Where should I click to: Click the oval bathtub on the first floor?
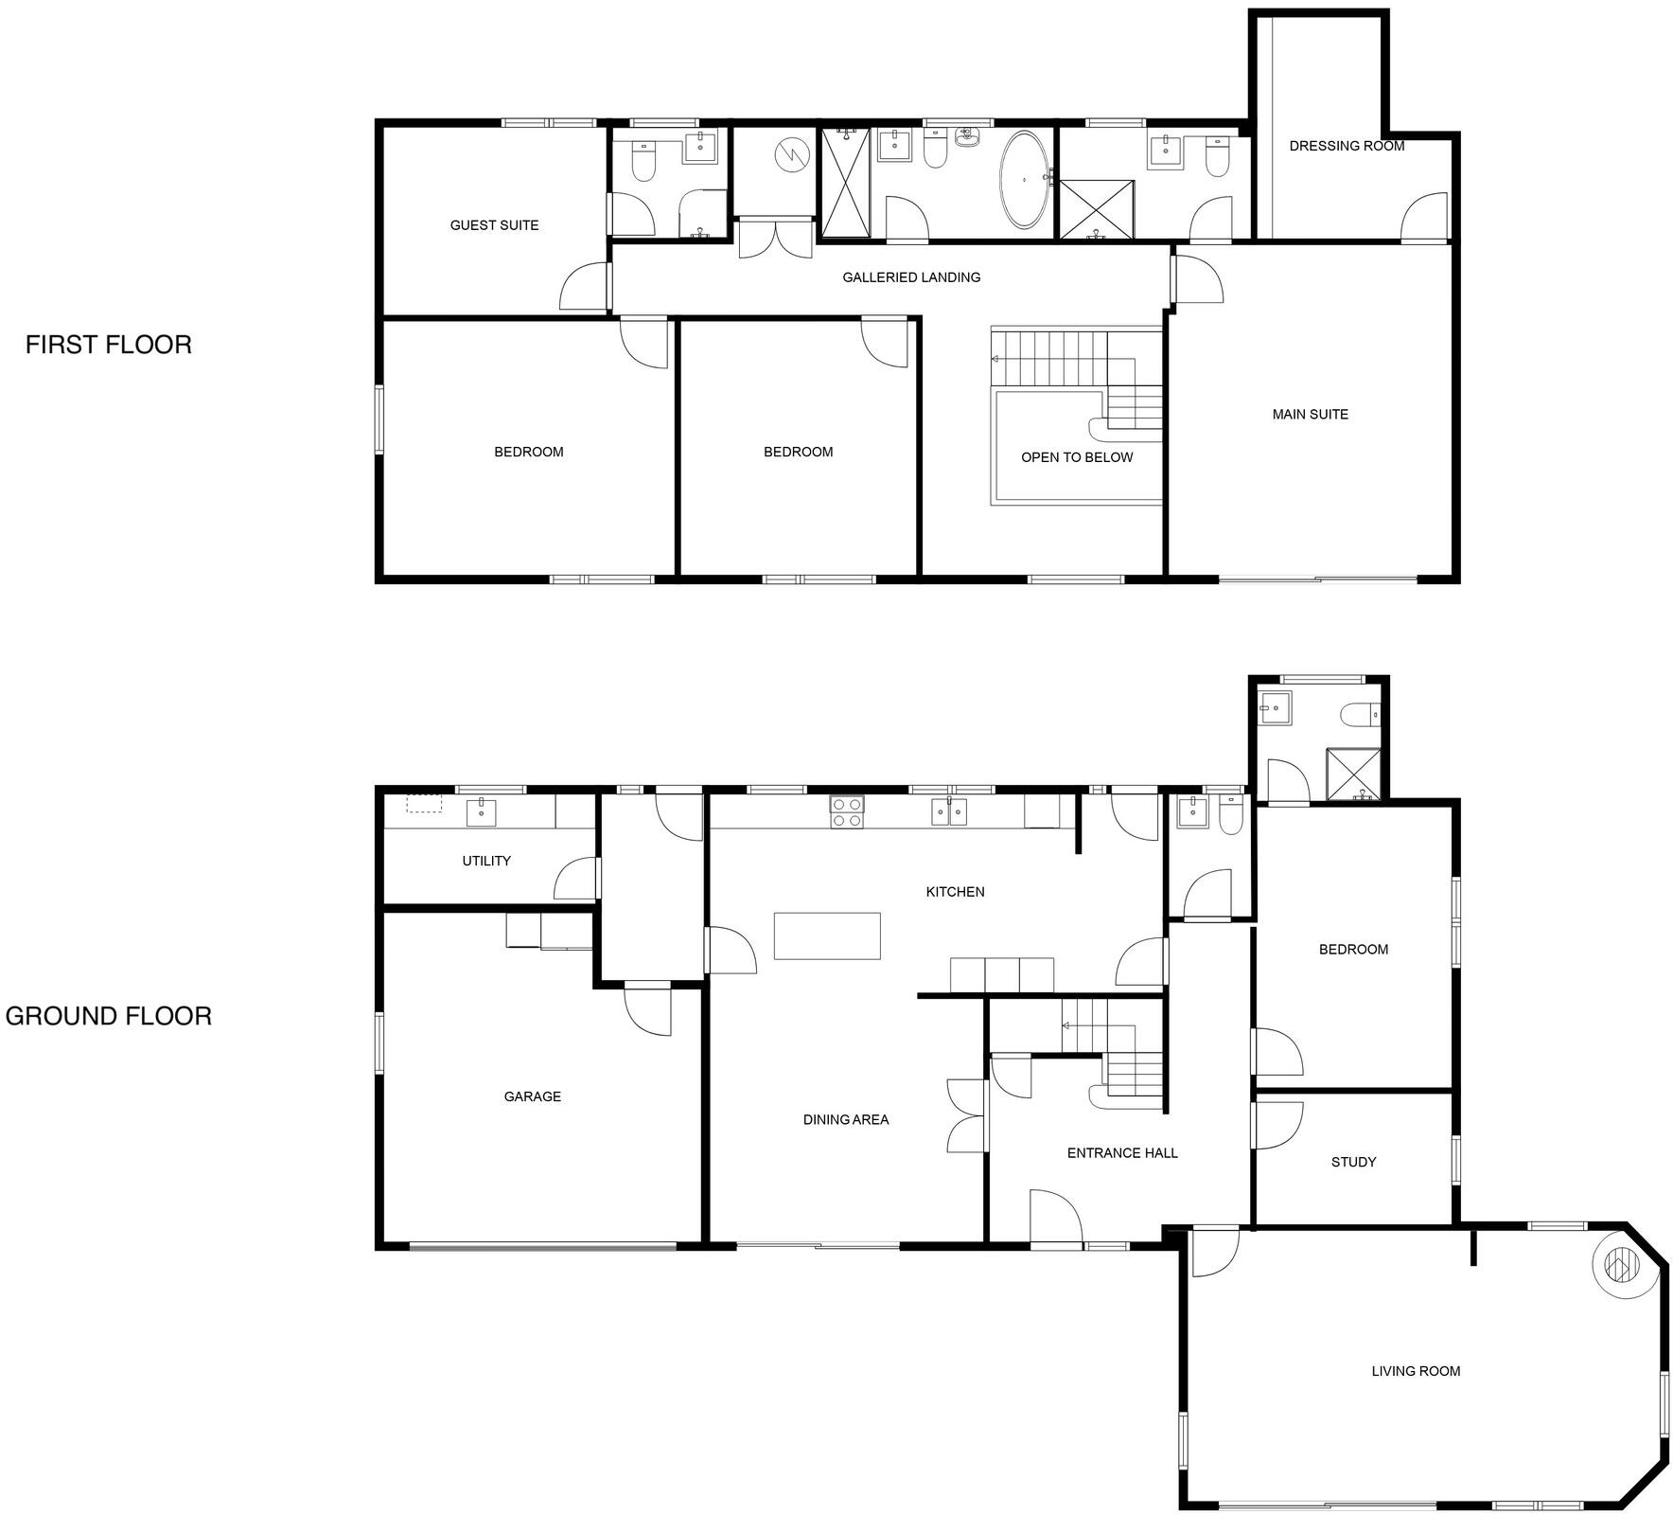(1024, 179)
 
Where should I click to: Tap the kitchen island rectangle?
(827, 935)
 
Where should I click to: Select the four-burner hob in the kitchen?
(846, 812)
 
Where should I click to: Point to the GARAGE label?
(532, 1096)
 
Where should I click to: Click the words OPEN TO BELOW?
(1076, 457)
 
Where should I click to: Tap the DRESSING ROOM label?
(1346, 146)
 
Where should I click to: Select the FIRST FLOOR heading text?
(108, 345)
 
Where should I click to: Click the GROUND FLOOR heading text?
(108, 1016)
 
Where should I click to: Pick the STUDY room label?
(1352, 1162)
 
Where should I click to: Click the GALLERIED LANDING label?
(910, 277)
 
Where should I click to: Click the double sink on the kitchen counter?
(949, 811)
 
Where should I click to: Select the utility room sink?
(482, 810)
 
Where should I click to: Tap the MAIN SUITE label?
(1310, 414)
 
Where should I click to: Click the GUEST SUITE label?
(494, 225)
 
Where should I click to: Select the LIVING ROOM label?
(1415, 1371)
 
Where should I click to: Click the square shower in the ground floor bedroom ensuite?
(1353, 775)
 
